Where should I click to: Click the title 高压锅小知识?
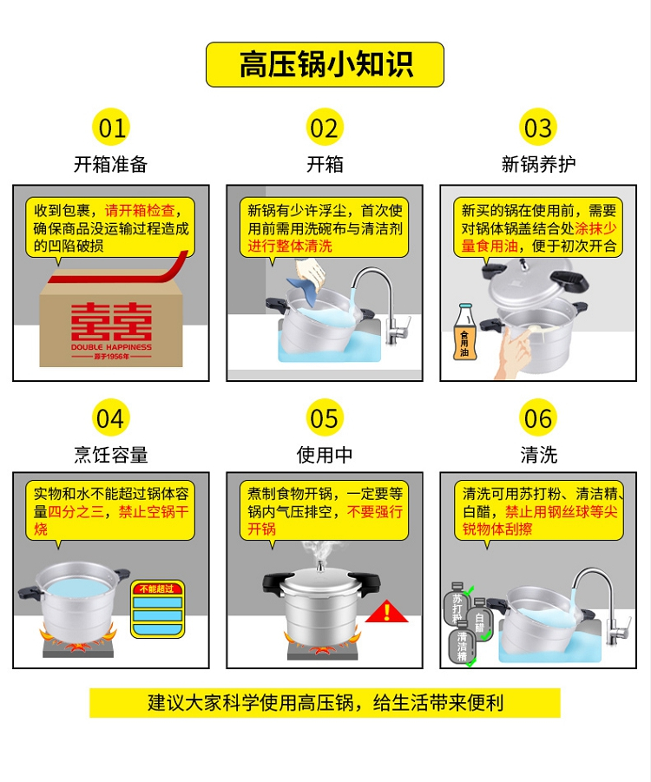point(325,64)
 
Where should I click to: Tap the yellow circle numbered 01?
point(111,128)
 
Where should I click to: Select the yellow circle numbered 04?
point(111,418)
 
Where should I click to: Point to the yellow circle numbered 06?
point(538,418)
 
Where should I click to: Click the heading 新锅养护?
point(538,164)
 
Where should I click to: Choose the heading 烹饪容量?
point(111,455)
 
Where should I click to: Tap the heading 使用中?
point(325,455)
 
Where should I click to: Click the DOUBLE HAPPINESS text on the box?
point(111,346)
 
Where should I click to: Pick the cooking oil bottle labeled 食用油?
point(464,332)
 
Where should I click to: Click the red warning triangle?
point(386,613)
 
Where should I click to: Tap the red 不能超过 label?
point(156,588)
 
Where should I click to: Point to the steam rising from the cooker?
point(319,551)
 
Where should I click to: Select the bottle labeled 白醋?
point(480,619)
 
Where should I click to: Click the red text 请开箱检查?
point(140,210)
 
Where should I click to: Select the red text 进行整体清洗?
point(290,246)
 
